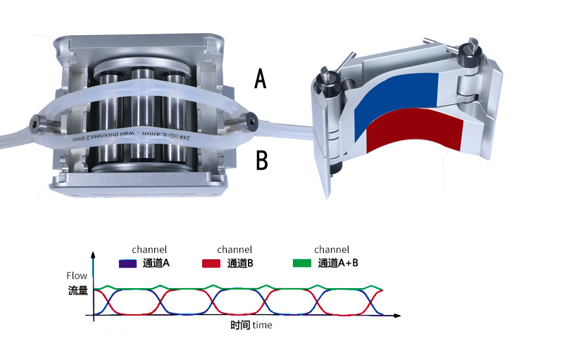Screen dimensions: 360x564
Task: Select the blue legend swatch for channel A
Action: (128, 264)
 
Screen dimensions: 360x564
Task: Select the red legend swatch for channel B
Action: (213, 264)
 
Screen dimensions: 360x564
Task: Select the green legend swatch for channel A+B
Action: (302, 264)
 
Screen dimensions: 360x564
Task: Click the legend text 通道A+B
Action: (338, 264)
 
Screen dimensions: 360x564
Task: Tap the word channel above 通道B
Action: (234, 249)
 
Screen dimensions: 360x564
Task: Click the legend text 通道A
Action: (157, 264)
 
